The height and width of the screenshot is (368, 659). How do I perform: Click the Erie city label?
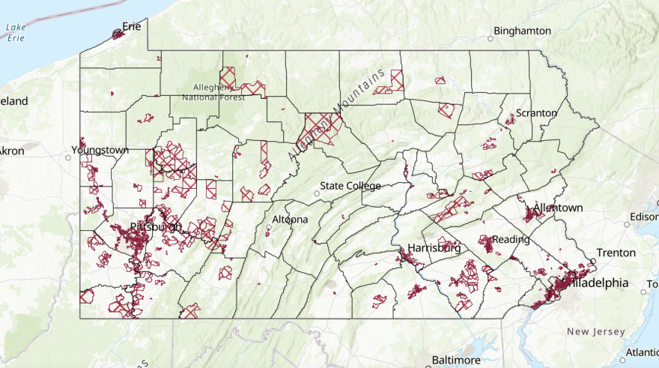(x=132, y=26)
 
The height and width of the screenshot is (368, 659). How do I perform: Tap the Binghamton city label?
(x=523, y=31)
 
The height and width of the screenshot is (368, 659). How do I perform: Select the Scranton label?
(x=536, y=113)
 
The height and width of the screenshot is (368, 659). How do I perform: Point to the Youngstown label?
(x=100, y=150)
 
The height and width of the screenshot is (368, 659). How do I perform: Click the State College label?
(x=350, y=186)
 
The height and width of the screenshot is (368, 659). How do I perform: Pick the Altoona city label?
(x=290, y=220)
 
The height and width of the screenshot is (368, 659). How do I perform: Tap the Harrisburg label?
(x=434, y=247)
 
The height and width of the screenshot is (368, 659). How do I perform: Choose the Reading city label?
(x=511, y=240)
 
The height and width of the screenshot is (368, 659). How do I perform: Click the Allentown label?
(x=558, y=208)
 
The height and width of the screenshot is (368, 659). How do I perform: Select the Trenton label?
(x=616, y=253)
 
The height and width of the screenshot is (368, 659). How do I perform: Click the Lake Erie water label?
(x=16, y=33)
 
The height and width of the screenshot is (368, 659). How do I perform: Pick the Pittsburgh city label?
(x=156, y=226)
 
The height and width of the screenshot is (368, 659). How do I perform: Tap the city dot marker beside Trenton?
(x=592, y=262)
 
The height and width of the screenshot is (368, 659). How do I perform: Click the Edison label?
(x=644, y=217)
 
